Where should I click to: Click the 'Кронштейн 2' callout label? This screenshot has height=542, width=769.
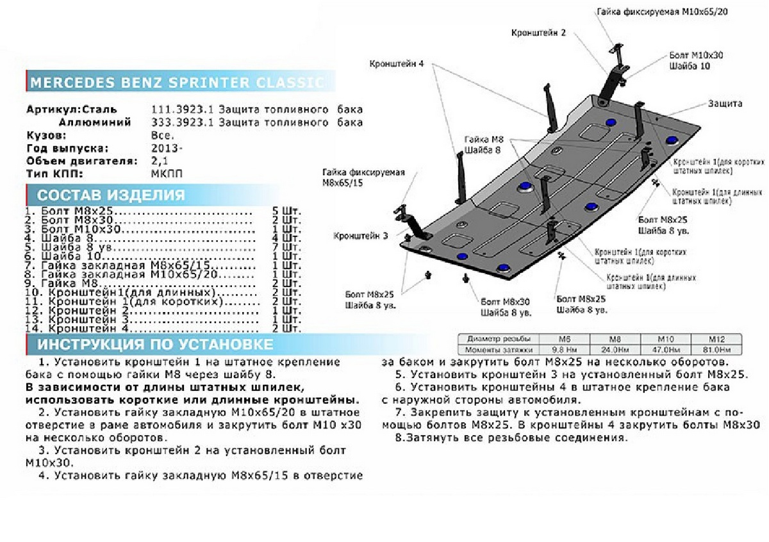pyautogui.click(x=538, y=33)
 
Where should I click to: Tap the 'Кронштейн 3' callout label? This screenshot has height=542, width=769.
pyautogui.click(x=360, y=236)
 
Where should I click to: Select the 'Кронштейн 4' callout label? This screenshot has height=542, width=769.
pyautogui.click(x=396, y=63)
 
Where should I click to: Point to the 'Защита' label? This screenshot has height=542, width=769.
pyautogui.click(x=725, y=103)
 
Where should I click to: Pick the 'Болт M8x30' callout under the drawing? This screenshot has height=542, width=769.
pyautogui.click(x=507, y=301)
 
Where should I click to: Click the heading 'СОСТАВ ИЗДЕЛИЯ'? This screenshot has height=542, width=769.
pyautogui.click(x=111, y=195)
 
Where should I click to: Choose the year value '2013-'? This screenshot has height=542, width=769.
pyautogui.click(x=166, y=148)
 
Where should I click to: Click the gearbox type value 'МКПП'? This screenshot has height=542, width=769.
pyautogui.click(x=165, y=174)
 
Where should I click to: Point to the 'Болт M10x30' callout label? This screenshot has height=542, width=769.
pyautogui.click(x=695, y=56)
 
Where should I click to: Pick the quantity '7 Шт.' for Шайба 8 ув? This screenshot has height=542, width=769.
pyautogui.click(x=286, y=247)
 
